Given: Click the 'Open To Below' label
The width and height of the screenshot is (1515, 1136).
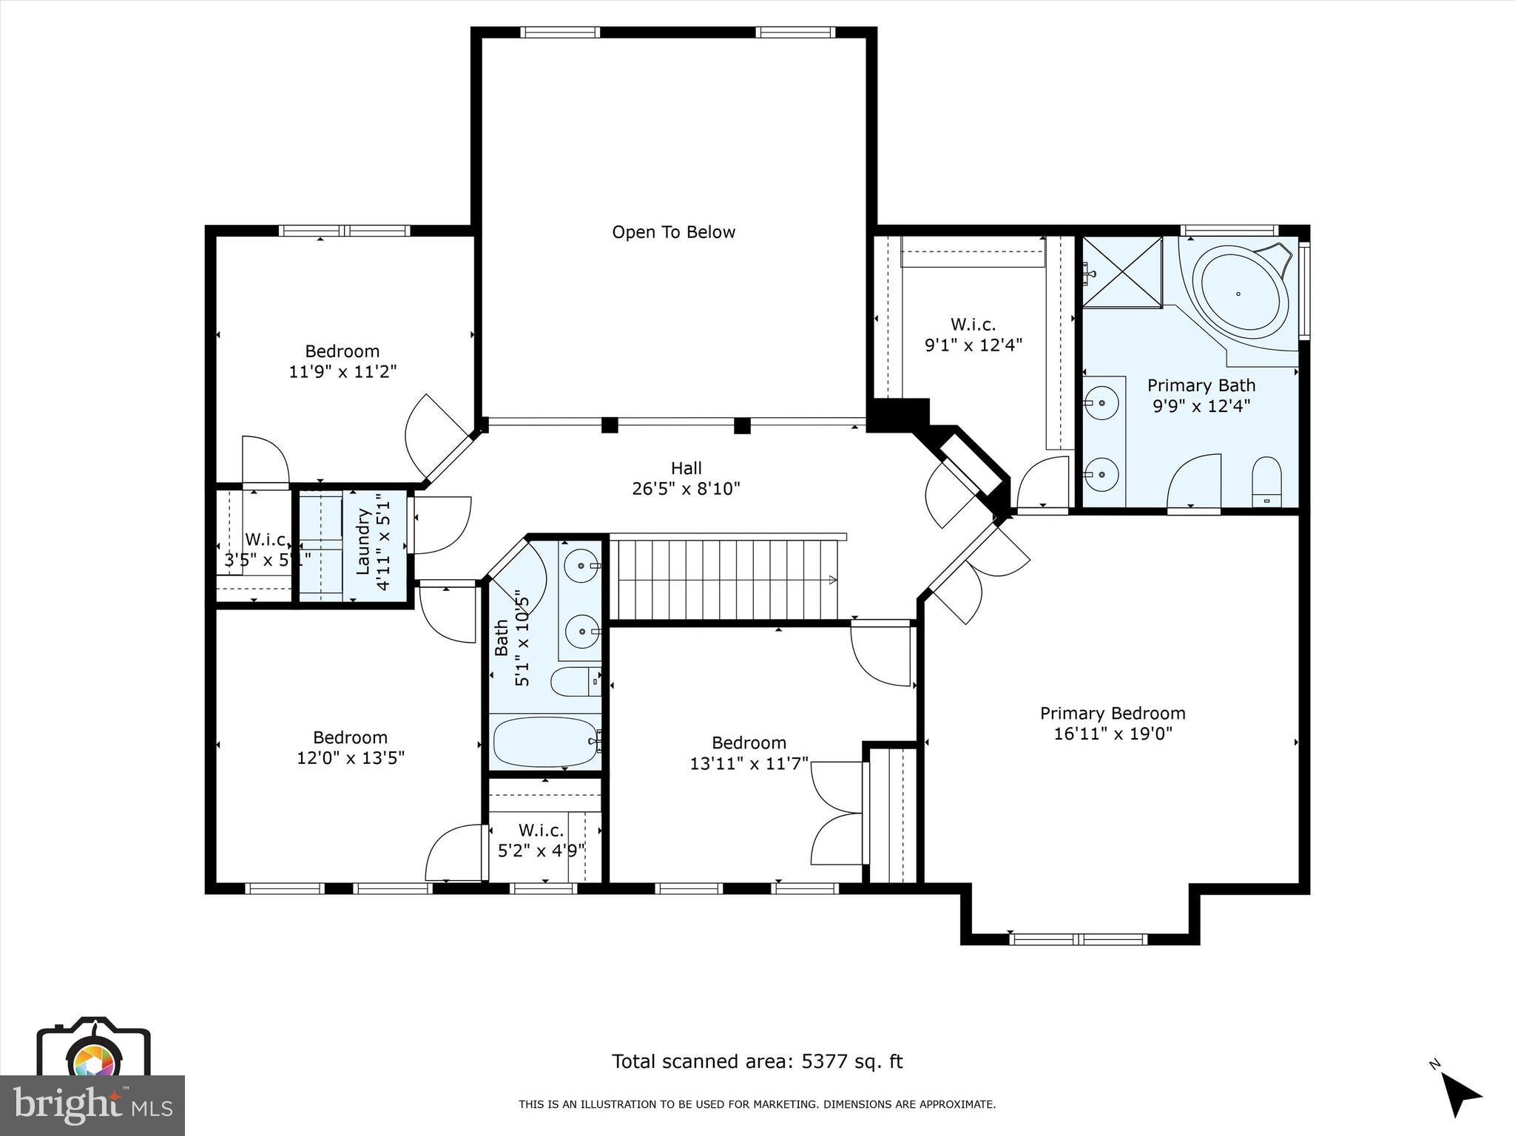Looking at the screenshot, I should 673,232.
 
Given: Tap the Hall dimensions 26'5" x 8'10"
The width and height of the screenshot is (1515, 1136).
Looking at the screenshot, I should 686,489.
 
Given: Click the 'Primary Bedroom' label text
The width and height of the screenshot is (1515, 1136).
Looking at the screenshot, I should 1112,713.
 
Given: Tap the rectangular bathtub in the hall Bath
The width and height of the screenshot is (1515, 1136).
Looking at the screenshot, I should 546,741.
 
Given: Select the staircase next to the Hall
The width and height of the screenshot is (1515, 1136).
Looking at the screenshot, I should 725,578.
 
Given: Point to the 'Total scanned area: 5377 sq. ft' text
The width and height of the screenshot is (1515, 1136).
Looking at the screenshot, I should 757,1061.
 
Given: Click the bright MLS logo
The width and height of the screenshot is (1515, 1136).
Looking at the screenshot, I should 92,1106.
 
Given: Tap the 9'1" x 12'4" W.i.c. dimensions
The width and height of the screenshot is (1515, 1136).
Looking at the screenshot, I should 973,345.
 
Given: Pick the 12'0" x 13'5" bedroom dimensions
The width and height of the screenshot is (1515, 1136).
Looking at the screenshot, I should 351,758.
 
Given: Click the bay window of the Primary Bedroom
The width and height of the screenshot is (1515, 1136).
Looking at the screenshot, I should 1079,939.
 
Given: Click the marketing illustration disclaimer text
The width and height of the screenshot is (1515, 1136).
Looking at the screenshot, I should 757,1104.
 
